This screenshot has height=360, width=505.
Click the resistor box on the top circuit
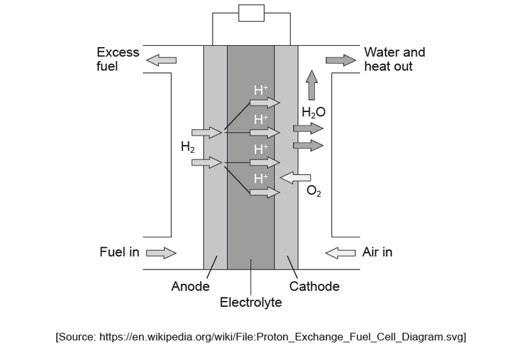pyautogui.click(x=251, y=13)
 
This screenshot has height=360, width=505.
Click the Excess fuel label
pyautogui.click(x=117, y=59)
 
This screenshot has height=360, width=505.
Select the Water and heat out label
pyautogui.click(x=394, y=59)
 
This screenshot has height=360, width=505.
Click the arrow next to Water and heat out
pyautogui.click(x=340, y=60)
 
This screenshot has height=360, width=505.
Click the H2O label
pyautogui.click(x=313, y=112)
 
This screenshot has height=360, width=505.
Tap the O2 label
pyautogui.click(x=313, y=192)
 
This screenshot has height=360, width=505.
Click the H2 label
pyautogui.click(x=188, y=148)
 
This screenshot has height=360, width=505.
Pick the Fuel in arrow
pyautogui.click(x=161, y=252)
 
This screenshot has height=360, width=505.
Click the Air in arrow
pyautogui.click(x=340, y=252)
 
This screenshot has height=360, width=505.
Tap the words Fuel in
pyautogui.click(x=119, y=252)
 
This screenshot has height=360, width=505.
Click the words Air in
pyautogui.click(x=377, y=252)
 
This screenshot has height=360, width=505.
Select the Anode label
pyautogui.click(x=190, y=287)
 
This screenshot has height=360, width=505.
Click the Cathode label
pyautogui.click(x=314, y=287)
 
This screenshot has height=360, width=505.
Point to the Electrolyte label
pyautogui.click(x=251, y=303)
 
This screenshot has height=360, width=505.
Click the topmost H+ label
pyautogui.click(x=260, y=90)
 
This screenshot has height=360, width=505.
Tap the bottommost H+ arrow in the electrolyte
pyautogui.click(x=264, y=192)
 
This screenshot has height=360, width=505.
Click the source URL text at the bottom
pyautogui.click(x=260, y=337)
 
